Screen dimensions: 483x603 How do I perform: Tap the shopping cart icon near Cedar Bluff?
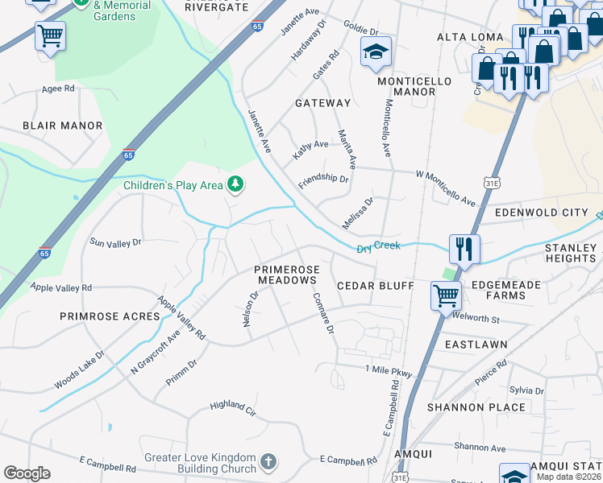(446, 295)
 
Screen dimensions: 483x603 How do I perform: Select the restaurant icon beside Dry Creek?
(464, 249)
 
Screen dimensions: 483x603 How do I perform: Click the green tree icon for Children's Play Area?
(235, 185)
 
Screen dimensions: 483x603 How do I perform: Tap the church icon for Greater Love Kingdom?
(268, 463)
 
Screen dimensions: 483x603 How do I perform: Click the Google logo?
(27, 473)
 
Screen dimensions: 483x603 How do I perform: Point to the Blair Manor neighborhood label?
(63, 126)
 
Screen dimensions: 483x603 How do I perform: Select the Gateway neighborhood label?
(322, 103)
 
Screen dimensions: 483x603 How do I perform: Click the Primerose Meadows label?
(287, 275)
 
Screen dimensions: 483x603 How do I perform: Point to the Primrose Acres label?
(110, 316)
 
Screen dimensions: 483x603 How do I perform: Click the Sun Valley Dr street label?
(115, 242)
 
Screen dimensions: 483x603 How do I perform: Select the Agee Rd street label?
(58, 89)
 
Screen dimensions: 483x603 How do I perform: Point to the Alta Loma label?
(470, 37)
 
